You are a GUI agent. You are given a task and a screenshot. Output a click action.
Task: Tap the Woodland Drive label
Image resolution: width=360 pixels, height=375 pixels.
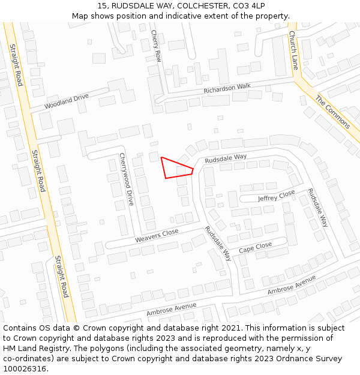(x=67, y=102)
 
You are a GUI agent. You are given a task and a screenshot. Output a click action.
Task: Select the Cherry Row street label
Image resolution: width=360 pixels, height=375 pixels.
(x=157, y=46)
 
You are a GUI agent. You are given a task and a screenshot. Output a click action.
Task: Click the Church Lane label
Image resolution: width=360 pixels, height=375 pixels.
(x=293, y=50)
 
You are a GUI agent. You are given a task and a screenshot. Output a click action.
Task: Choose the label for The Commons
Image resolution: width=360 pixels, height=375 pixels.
(x=333, y=112)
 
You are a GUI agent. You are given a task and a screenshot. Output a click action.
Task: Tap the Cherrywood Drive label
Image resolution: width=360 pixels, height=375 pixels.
(x=126, y=179)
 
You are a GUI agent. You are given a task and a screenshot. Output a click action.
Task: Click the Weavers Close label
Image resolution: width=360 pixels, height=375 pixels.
(x=157, y=235)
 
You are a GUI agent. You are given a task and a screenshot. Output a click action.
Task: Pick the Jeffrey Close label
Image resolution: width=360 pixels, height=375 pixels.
(x=277, y=196)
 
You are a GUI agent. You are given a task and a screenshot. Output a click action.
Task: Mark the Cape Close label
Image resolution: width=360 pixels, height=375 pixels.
(x=255, y=248)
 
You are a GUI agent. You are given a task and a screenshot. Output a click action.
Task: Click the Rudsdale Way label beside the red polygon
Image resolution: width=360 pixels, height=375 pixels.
(x=226, y=159)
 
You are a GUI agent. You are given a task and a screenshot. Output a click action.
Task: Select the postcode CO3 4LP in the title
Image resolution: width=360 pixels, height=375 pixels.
(x=245, y=5)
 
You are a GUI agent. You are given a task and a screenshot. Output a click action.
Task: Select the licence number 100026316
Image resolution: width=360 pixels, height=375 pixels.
(x=25, y=369)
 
